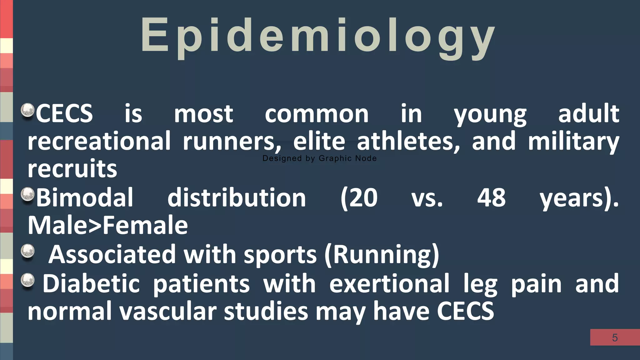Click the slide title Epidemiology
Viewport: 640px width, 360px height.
tap(317, 36)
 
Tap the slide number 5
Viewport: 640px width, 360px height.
tap(615, 338)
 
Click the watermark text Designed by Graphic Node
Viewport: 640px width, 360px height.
tap(319, 158)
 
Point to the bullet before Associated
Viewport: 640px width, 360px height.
tap(27, 251)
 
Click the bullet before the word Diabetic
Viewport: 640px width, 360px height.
tap(27, 280)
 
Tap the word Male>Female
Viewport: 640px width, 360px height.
tap(108, 225)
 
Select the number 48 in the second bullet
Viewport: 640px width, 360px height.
tap(491, 198)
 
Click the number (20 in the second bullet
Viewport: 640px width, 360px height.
tap(359, 198)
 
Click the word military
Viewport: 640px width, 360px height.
tap(573, 142)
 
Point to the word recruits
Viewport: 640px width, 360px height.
tap(72, 169)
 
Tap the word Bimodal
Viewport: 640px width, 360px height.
tap(85, 198)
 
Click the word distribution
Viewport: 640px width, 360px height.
tap(237, 198)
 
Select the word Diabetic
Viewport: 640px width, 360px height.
tap(91, 283)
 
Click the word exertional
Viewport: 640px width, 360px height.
tap(389, 283)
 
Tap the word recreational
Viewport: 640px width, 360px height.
tap(99, 142)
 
